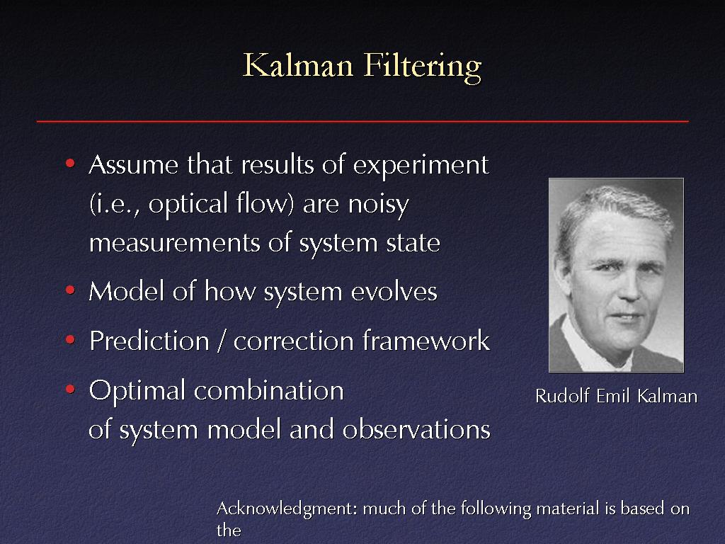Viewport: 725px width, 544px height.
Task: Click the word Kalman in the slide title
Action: tap(298, 65)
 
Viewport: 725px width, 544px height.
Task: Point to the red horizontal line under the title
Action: tap(362, 121)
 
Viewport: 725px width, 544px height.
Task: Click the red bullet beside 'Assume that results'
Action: tap(70, 163)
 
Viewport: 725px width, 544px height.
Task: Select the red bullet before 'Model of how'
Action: tap(70, 290)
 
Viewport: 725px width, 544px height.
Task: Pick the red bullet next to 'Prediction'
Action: tap(70, 339)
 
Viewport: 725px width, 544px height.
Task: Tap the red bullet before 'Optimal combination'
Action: tap(70, 389)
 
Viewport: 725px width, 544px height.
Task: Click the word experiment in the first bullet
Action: tap(421, 166)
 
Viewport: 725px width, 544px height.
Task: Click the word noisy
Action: tap(379, 205)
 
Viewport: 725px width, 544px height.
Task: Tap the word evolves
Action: tap(394, 292)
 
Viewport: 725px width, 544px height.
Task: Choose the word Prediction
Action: tap(149, 341)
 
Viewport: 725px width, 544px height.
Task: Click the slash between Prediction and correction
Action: tap(222, 341)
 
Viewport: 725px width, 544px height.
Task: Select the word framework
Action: tap(426, 341)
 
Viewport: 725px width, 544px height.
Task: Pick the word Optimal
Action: tap(137, 392)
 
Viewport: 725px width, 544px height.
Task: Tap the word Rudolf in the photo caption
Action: tap(561, 396)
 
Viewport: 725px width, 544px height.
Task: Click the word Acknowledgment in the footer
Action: tap(287, 509)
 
